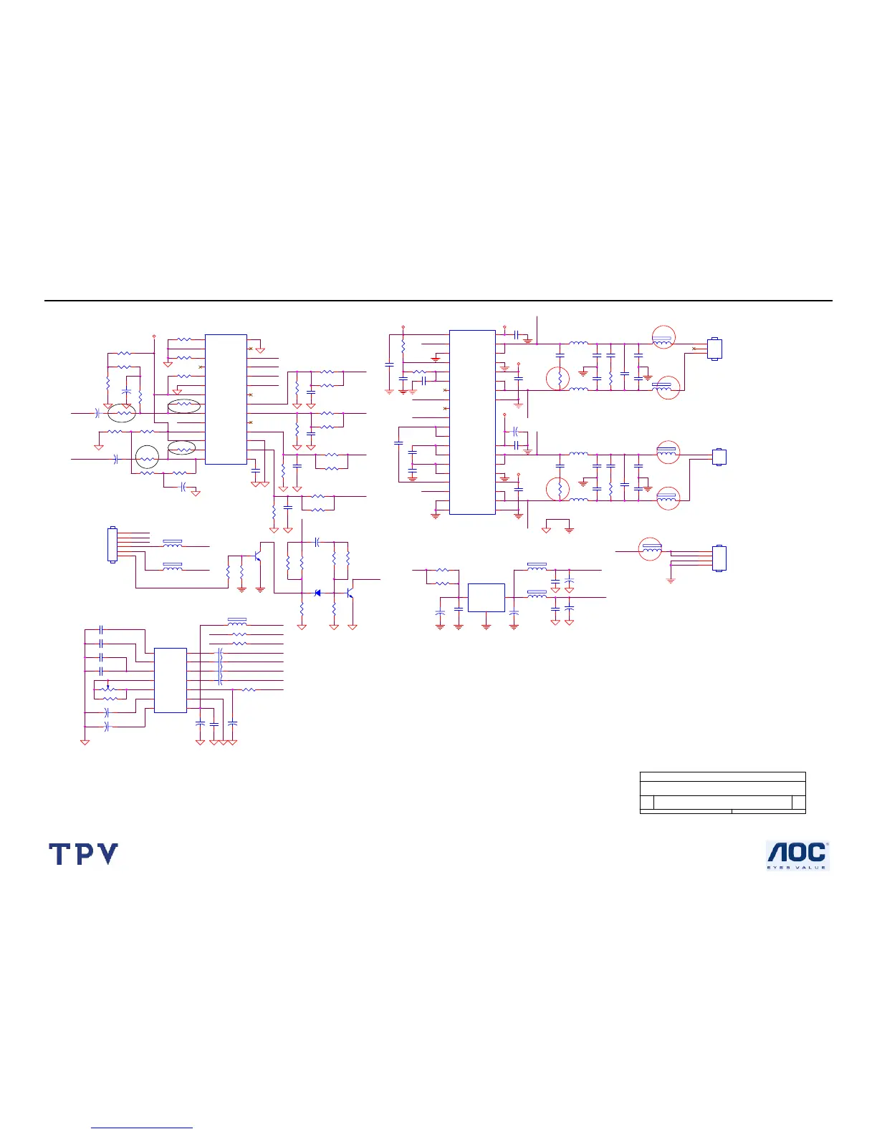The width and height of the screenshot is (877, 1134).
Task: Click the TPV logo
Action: (83, 854)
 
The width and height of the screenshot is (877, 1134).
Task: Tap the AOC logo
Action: (797, 852)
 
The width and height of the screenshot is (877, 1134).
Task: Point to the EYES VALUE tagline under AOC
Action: (797, 867)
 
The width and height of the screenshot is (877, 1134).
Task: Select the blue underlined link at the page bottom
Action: (142, 1128)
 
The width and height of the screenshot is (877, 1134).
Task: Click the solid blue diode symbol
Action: (317, 593)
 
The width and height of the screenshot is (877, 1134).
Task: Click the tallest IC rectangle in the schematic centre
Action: (472, 422)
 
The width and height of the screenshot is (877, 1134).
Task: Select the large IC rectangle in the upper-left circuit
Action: (226, 399)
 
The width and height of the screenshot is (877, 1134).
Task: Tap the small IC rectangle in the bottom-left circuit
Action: (171, 680)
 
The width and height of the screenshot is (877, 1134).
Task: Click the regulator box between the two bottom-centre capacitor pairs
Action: (486, 597)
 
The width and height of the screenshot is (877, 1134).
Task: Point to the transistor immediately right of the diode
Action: (350, 593)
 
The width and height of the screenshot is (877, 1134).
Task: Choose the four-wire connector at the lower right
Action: (719, 558)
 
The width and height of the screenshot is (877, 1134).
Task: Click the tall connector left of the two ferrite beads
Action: (112, 545)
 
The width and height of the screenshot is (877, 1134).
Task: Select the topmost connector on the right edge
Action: (714, 349)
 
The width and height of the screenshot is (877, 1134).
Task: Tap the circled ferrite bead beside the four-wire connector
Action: (651, 549)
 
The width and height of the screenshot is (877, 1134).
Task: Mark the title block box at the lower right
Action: (722, 793)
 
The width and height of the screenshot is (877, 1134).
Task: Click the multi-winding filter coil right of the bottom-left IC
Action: (220, 667)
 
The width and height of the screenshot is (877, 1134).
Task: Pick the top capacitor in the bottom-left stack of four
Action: (102, 629)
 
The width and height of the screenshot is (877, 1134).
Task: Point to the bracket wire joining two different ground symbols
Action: (557, 520)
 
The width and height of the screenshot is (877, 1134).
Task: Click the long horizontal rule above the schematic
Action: (438, 301)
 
